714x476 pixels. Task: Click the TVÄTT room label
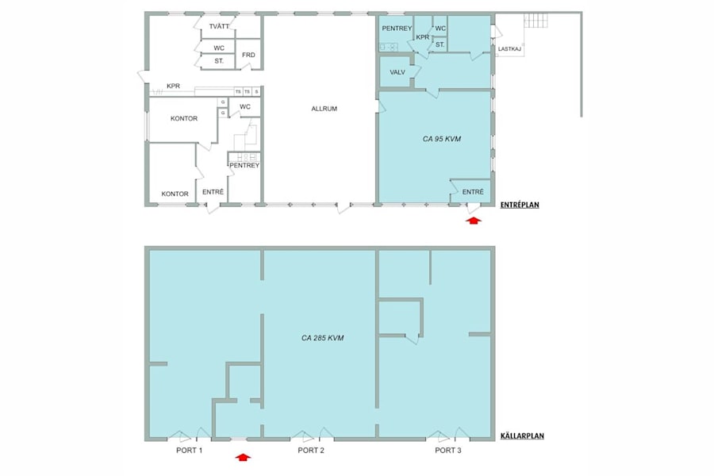(219, 27)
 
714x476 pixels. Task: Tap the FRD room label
(248, 55)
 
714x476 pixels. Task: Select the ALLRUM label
(324, 109)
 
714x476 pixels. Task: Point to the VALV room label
(397, 72)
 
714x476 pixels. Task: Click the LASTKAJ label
(510, 49)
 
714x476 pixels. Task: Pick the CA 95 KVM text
(442, 139)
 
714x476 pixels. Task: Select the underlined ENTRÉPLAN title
(520, 205)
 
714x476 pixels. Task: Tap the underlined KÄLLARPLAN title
(522, 436)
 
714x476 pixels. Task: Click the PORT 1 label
(190, 451)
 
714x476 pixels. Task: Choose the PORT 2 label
(311, 451)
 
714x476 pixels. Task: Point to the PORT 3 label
(448, 451)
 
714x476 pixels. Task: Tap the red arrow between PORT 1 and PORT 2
(244, 457)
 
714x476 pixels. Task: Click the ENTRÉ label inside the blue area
(473, 192)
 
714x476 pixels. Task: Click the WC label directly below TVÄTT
(219, 48)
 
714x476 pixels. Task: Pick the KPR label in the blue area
(422, 37)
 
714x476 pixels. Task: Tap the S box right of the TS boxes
(256, 92)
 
